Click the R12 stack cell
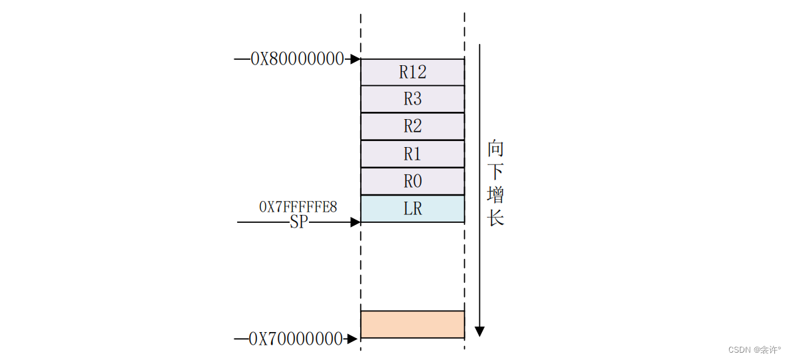tap(412, 72)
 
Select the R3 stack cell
tap(412, 99)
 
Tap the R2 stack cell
tap(412, 126)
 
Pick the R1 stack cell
tap(412, 154)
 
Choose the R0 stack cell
tap(412, 181)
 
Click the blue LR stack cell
tap(412, 208)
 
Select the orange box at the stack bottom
tap(412, 324)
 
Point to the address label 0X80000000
tap(297, 59)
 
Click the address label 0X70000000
tap(296, 339)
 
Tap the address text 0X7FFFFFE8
tap(298, 207)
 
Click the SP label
tap(299, 222)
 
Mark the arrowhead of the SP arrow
tap(356, 222)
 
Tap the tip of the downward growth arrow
tap(479, 333)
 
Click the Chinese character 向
tap(495, 148)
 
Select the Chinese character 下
tap(495, 172)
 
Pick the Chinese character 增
tap(495, 195)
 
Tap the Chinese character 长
tap(495, 218)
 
